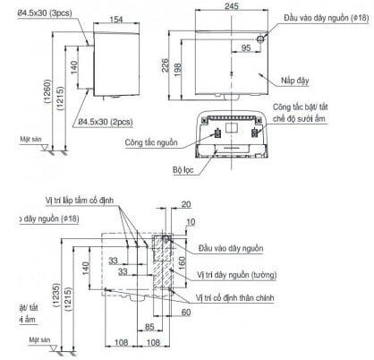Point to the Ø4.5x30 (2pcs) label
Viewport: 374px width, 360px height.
107,120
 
